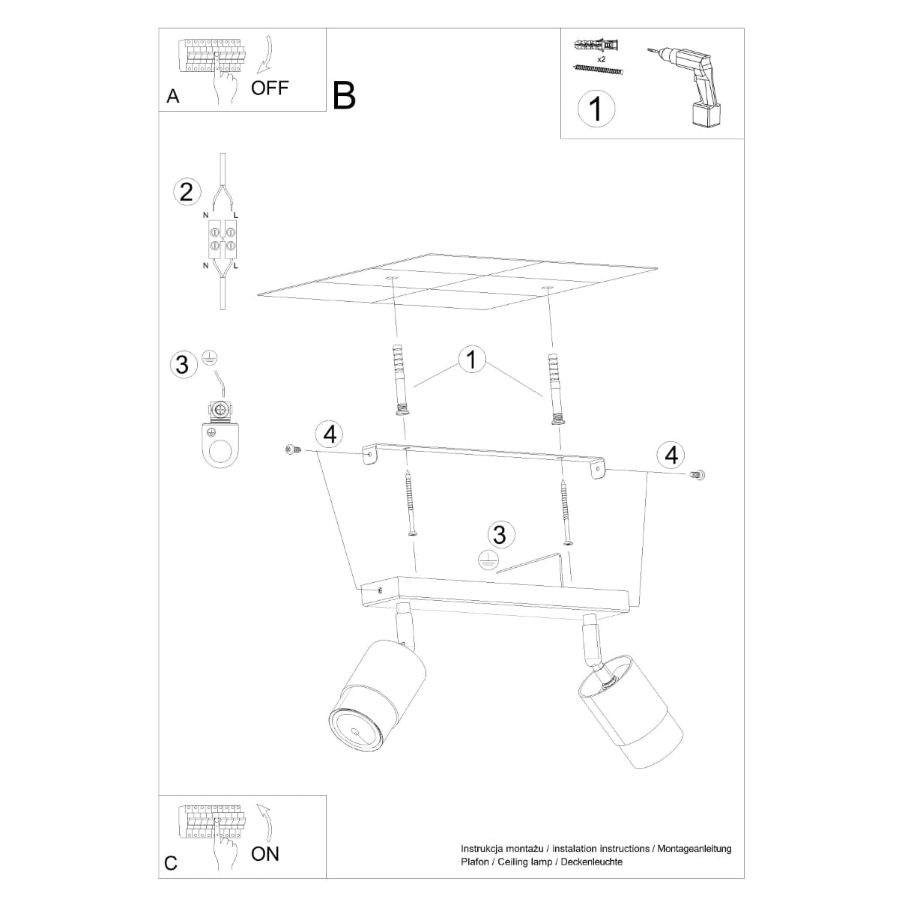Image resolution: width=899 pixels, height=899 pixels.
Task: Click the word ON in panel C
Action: (265, 853)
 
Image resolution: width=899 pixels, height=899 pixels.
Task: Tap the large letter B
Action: (344, 95)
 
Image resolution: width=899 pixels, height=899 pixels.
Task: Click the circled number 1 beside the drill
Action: (596, 109)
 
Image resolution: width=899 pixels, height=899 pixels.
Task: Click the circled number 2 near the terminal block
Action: (187, 191)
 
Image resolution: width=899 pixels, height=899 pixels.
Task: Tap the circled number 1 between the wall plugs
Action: (471, 360)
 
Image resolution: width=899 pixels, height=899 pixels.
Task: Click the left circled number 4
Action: (330, 433)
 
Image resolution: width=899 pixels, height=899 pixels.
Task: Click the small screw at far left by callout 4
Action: (292, 449)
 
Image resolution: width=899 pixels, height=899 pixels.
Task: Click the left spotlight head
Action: (378, 697)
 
